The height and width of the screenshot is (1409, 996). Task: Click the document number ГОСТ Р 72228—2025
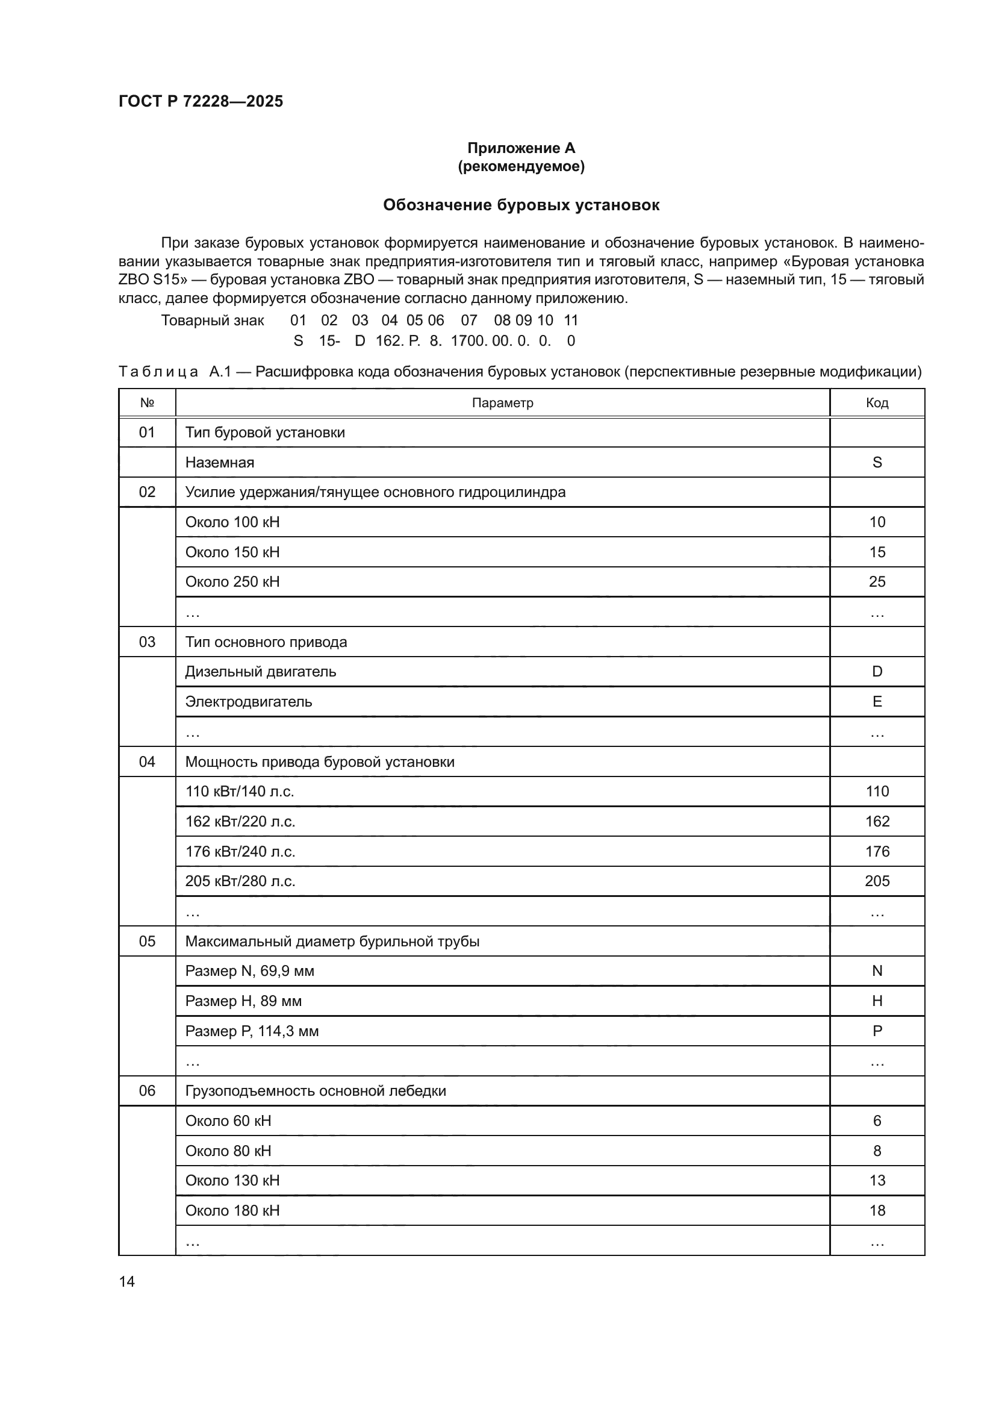[201, 101]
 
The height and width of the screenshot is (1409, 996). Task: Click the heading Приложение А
[521, 148]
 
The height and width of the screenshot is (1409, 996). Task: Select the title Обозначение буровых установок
[521, 205]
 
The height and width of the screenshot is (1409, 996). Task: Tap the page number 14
[126, 1281]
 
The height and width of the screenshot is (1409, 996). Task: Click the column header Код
[876, 402]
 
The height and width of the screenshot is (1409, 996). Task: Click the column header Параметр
[502, 402]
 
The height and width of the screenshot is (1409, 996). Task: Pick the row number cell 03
[147, 642]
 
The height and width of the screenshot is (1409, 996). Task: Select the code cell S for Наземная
[876, 462]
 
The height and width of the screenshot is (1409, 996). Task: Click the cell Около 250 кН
[232, 581]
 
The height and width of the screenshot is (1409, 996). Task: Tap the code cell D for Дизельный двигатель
[876, 671]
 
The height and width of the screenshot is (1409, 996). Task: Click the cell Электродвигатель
[248, 701]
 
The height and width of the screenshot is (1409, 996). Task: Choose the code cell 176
[876, 851]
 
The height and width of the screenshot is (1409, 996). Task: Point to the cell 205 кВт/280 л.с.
[240, 881]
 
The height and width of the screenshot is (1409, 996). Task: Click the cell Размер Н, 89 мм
[243, 1001]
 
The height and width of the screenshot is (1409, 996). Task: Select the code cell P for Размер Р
[876, 1031]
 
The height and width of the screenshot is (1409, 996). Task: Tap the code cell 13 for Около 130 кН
[876, 1180]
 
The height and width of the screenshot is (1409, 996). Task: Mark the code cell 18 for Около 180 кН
[876, 1210]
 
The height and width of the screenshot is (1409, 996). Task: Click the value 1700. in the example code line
[468, 341]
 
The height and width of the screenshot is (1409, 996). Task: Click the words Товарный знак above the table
[212, 320]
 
